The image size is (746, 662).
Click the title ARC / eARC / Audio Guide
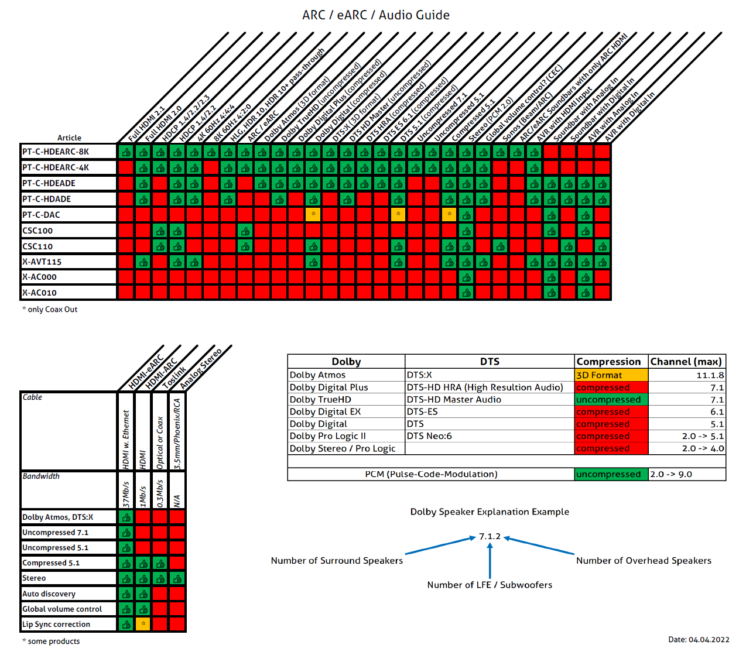pyautogui.click(x=375, y=15)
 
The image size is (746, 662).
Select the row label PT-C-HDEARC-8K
pyautogui.click(x=56, y=152)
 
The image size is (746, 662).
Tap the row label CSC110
pyautogui.click(x=37, y=246)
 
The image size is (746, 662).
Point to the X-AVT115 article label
pyautogui.click(x=42, y=262)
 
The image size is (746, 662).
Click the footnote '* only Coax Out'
pyautogui.click(x=50, y=310)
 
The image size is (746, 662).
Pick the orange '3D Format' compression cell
pyautogui.click(x=611, y=375)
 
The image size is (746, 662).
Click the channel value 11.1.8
pyautogui.click(x=710, y=375)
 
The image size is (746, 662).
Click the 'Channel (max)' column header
pyautogui.click(x=686, y=362)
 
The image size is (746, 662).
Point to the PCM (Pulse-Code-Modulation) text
pyautogui.click(x=431, y=474)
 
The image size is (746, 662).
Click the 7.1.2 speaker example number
pyautogui.click(x=490, y=536)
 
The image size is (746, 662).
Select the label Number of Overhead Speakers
pyautogui.click(x=644, y=561)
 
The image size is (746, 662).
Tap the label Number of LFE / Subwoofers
pyautogui.click(x=490, y=585)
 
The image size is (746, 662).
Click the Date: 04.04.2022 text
pyautogui.click(x=699, y=640)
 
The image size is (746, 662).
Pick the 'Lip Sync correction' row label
pyautogui.click(x=56, y=625)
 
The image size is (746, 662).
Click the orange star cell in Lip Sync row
pyautogui.click(x=143, y=624)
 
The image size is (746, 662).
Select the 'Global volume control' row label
pyautogui.click(x=62, y=609)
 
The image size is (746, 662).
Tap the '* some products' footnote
pyautogui.click(x=51, y=642)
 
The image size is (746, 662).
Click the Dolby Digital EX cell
pyautogui.click(x=325, y=412)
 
